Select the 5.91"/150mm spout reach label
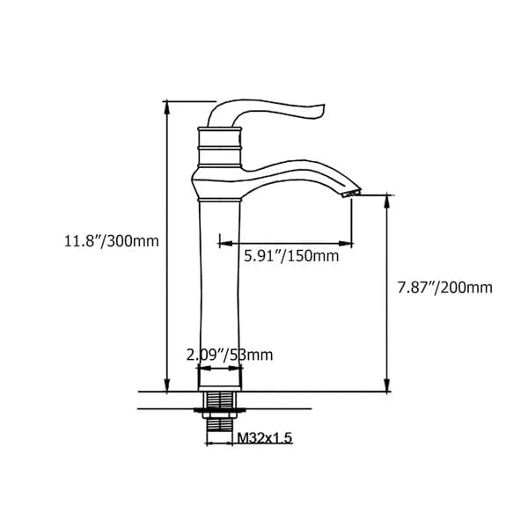(290, 256)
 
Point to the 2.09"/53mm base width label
(230, 355)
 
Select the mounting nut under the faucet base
(219, 406)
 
